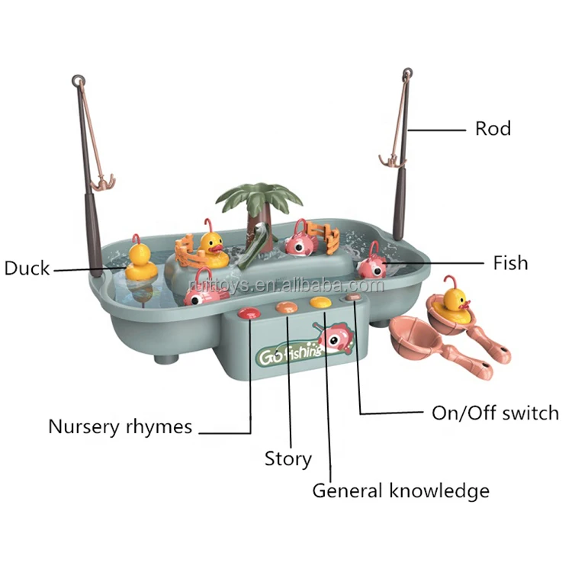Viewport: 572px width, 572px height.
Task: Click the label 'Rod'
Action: coord(493,128)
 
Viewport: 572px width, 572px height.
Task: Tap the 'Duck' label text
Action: coord(27,268)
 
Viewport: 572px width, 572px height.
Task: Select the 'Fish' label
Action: coord(510,263)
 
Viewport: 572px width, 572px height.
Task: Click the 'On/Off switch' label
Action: coord(495,413)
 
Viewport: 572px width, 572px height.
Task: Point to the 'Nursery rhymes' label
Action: coord(120,426)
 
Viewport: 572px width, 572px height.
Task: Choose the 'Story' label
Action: coord(288,458)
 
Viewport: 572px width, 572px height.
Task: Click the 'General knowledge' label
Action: coord(400,490)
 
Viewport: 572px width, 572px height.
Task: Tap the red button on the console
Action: coord(249,312)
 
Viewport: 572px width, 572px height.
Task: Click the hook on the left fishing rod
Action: coord(101,181)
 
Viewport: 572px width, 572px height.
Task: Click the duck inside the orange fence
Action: coord(210,246)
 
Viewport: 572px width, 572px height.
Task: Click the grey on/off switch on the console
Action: coord(352,299)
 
